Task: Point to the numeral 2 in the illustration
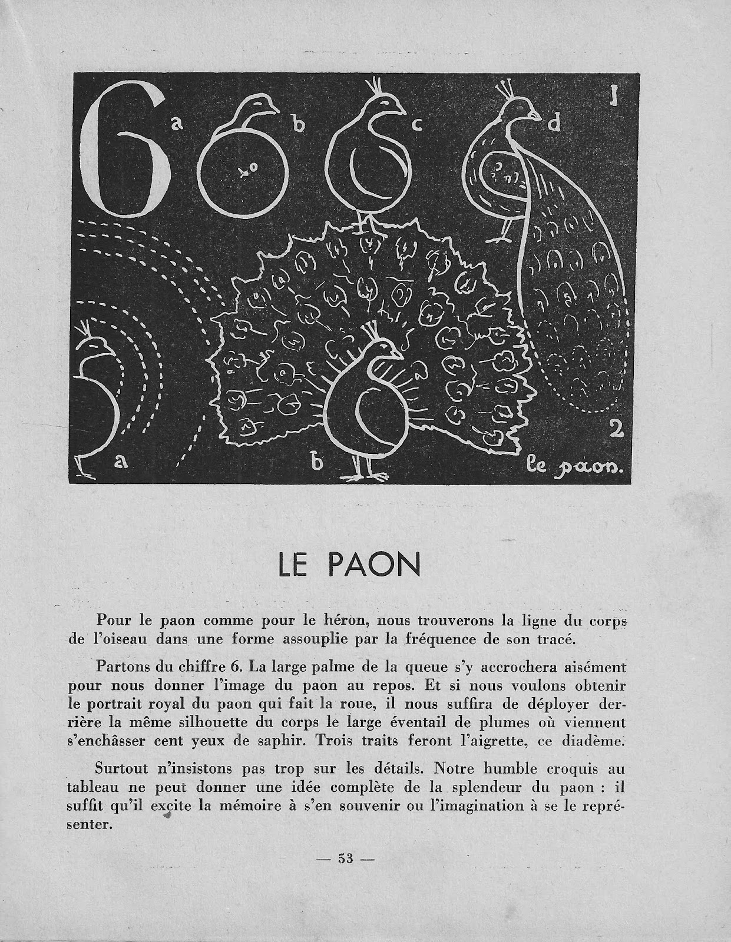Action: click(616, 430)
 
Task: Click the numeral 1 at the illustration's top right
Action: click(614, 95)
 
